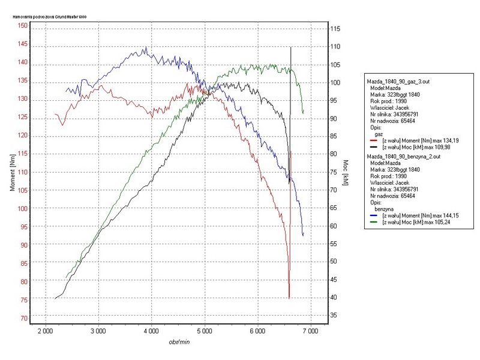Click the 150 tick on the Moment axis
pyautogui.click(x=23, y=26)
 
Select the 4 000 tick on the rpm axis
pyautogui.click(x=151, y=331)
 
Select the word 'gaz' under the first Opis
pyautogui.click(x=379, y=134)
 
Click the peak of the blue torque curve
pyautogui.click(x=145, y=47)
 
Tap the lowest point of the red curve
pyautogui.click(x=289, y=298)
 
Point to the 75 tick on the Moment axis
pyautogui.click(x=23, y=299)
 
